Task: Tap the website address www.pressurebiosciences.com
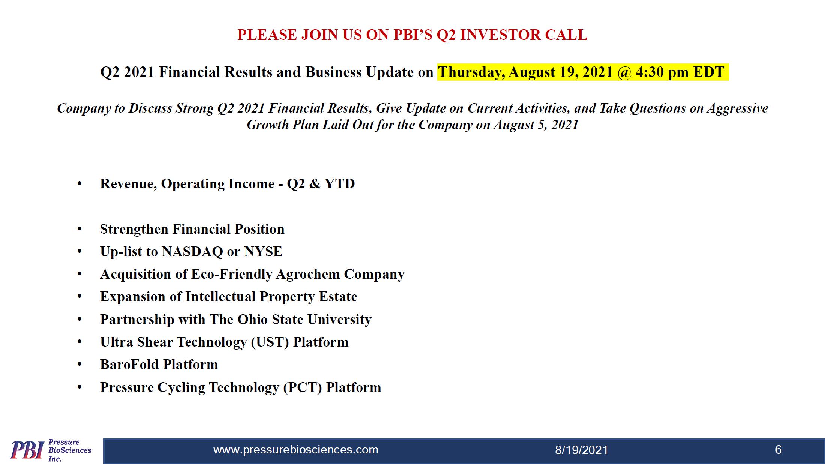[x=296, y=450]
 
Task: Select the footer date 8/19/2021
[x=581, y=450]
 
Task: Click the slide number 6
[x=778, y=450]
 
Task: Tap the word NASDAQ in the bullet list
[x=192, y=252]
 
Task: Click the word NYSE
[x=263, y=251]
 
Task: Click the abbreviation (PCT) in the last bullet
[x=303, y=387]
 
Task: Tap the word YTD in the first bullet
[x=340, y=184]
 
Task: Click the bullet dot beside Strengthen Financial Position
[x=79, y=229]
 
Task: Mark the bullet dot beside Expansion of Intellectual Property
[x=79, y=297]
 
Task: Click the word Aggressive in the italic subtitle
[x=738, y=108]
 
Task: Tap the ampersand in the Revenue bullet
[x=315, y=184]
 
